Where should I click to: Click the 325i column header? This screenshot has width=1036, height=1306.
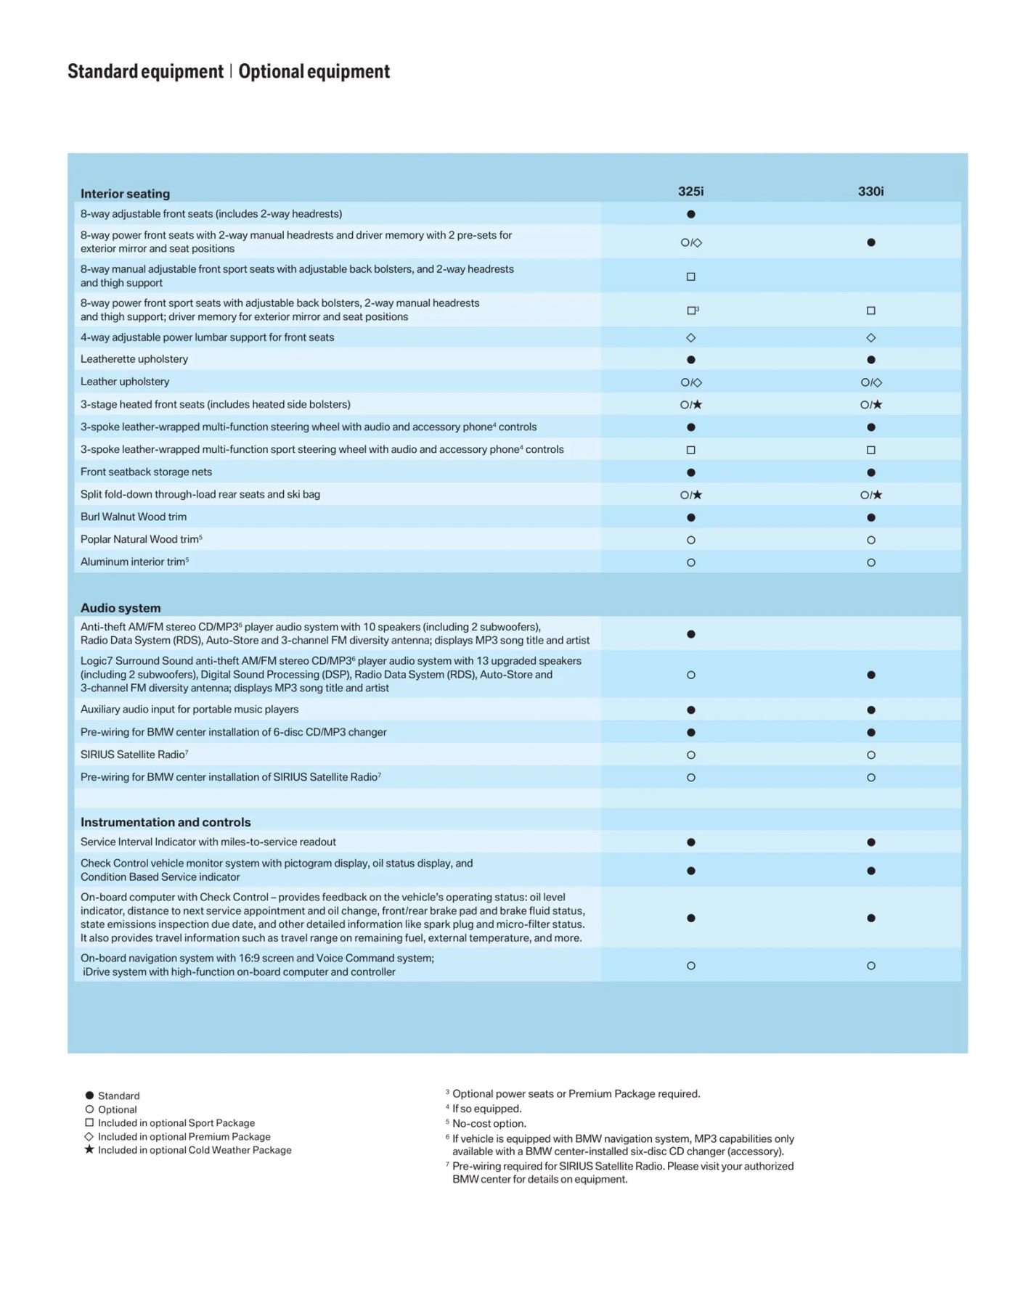[x=690, y=192]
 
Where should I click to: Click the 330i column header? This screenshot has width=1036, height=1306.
[x=870, y=192]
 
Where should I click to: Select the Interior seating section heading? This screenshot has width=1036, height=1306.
[x=125, y=194]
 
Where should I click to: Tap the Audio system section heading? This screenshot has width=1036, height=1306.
[x=121, y=608]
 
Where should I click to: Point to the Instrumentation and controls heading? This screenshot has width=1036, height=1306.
[x=166, y=822]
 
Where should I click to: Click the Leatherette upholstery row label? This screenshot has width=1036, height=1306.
[x=134, y=359]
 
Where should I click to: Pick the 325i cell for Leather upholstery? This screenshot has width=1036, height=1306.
[x=691, y=382]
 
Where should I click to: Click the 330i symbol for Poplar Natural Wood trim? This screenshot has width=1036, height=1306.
[x=871, y=540]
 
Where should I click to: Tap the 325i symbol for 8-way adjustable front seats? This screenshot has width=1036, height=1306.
[x=691, y=214]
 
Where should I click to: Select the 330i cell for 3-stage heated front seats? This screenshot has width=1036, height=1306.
[x=871, y=405]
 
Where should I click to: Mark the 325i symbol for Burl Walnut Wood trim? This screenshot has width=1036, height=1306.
[x=691, y=517]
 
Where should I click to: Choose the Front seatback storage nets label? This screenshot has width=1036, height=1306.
[x=146, y=472]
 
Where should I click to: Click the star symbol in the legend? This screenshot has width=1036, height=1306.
[x=89, y=1149]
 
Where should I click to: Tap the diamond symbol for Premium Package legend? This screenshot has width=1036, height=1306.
[x=89, y=1136]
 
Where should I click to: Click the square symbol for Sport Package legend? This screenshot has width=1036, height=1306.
[x=89, y=1122]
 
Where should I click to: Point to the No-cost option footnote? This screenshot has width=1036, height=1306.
[x=489, y=1123]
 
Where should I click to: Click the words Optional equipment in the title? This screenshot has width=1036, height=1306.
[x=314, y=71]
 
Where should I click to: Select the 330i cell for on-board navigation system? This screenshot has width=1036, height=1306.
[x=871, y=966]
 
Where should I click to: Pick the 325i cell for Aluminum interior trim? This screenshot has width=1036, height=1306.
[x=691, y=562]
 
